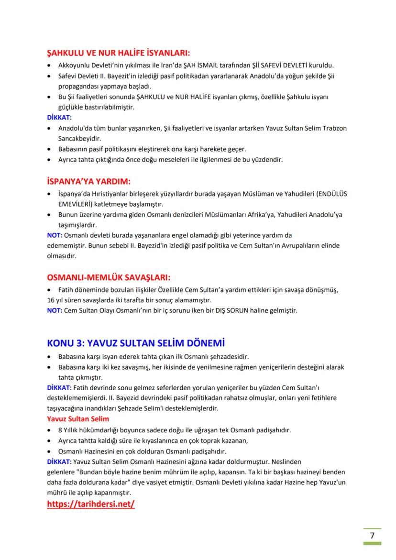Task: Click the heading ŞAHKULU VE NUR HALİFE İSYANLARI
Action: (x=119, y=53)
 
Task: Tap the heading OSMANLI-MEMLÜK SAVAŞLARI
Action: (x=109, y=277)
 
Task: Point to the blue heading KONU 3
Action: (x=136, y=343)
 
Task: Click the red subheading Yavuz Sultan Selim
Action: (x=78, y=419)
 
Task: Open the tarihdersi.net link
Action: (x=91, y=504)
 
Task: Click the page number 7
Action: (x=372, y=535)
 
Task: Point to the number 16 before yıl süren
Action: (x=51, y=300)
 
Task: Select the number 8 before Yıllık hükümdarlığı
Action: (x=60, y=430)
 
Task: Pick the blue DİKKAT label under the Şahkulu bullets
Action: (x=59, y=118)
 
